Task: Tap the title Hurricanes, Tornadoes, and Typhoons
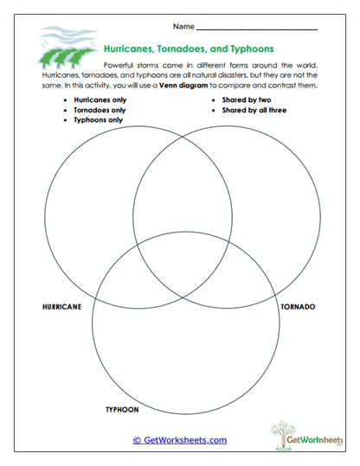(x=188, y=50)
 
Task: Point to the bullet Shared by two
(x=247, y=100)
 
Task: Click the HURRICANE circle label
(x=61, y=307)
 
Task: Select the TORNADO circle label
(x=298, y=307)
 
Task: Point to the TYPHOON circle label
(x=121, y=409)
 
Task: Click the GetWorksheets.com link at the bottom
(x=179, y=440)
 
